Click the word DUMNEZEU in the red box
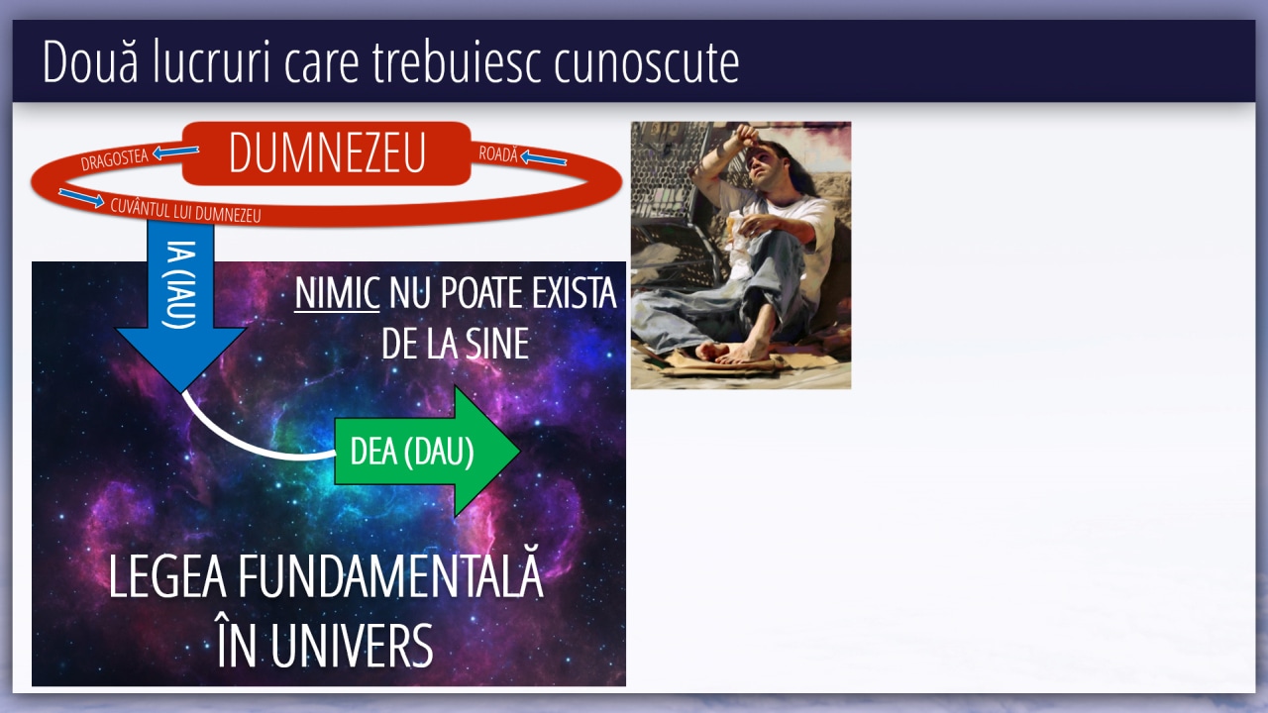(327, 153)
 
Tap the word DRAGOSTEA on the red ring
(114, 159)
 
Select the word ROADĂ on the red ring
(498, 153)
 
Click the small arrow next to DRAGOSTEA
(176, 152)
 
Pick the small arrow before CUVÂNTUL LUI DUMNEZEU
(81, 197)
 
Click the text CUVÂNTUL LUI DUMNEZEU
(185, 211)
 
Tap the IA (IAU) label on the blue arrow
(181, 284)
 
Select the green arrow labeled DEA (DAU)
(427, 451)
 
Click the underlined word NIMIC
(337, 293)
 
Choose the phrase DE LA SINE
(455, 343)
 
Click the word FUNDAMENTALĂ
(390, 576)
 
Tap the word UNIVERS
(352, 646)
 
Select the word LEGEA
(167, 576)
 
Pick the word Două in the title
(90, 60)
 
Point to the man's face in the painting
(766, 159)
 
